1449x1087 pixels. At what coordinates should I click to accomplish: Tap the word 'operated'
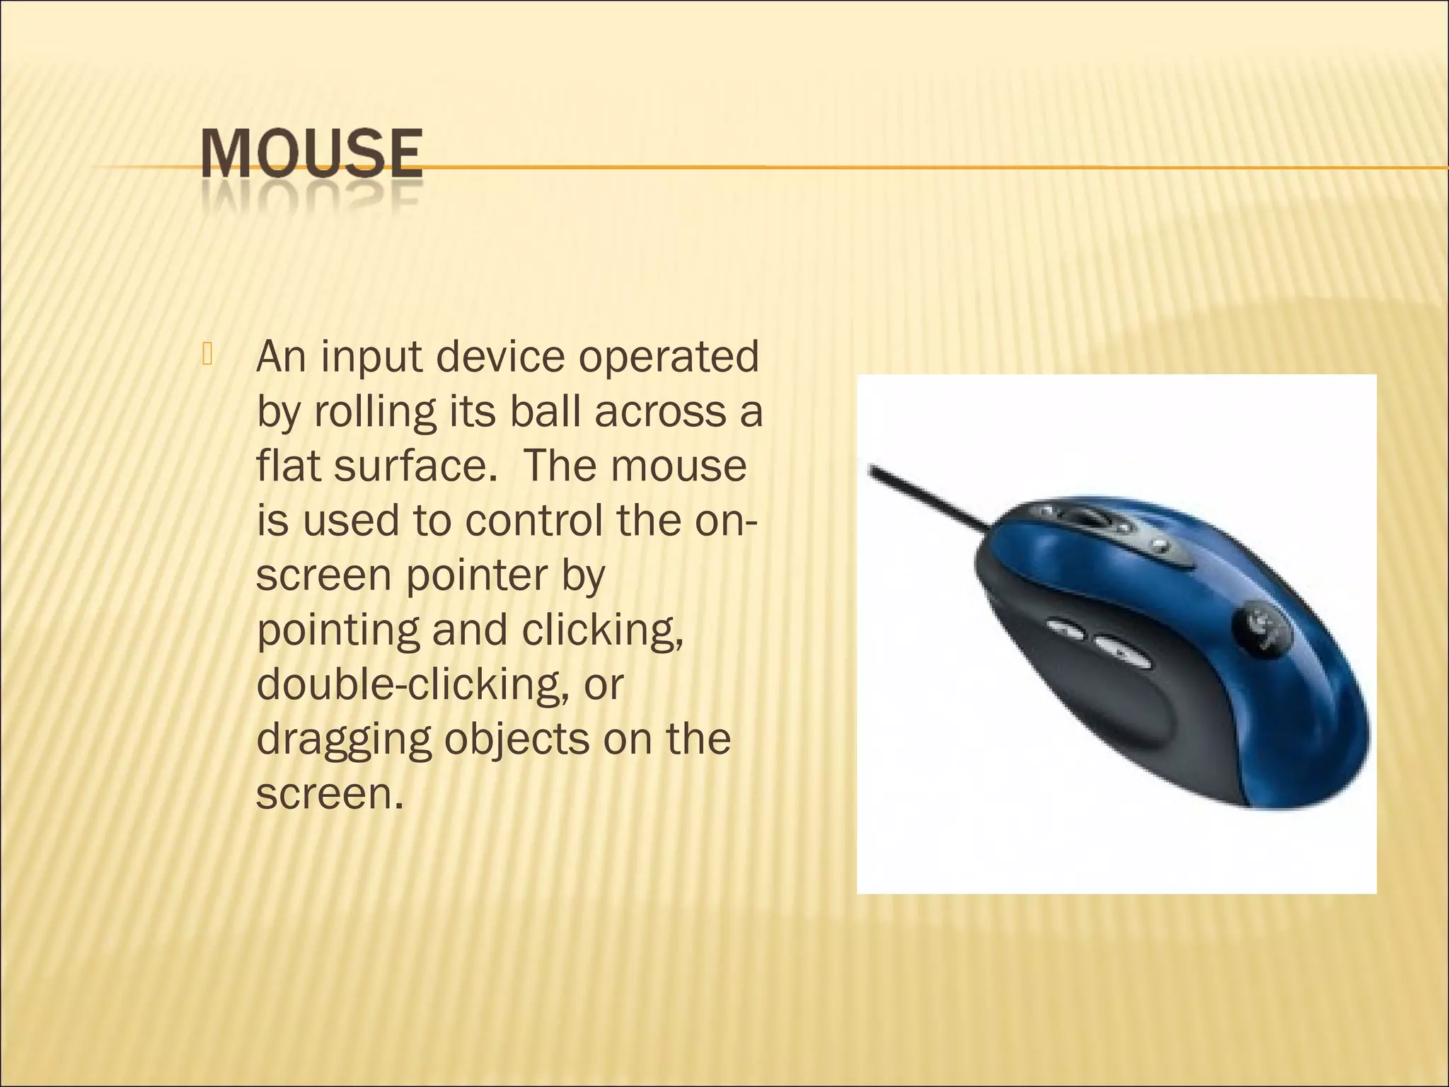[668, 358]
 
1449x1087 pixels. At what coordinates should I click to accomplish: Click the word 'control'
[533, 521]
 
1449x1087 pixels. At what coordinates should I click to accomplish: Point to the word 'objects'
[516, 740]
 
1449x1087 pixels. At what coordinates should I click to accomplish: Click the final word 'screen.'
[330, 795]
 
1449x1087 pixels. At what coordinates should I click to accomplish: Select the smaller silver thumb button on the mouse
[1064, 629]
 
